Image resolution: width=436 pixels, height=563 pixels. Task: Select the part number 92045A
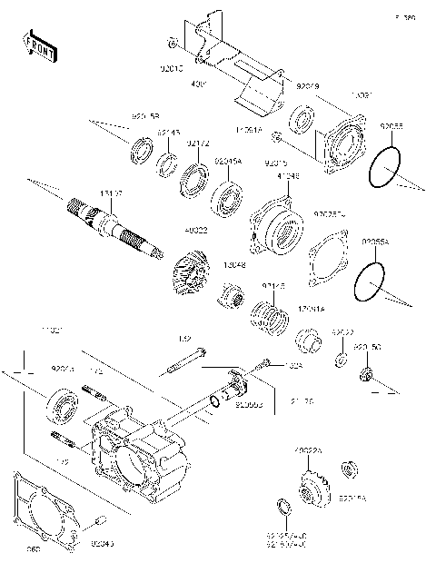click(x=227, y=161)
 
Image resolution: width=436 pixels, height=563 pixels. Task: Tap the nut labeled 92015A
click(x=347, y=470)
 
